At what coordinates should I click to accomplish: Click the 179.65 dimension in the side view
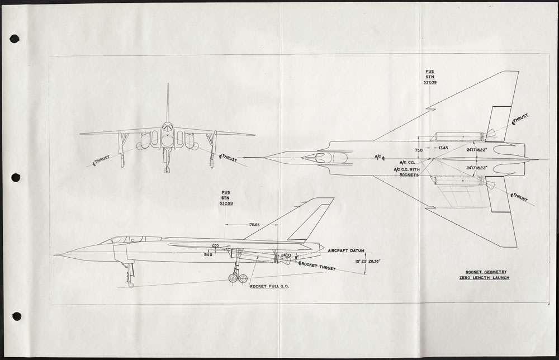(x=254, y=225)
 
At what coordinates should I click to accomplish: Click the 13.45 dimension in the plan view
(x=443, y=148)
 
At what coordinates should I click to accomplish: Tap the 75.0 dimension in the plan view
(x=419, y=150)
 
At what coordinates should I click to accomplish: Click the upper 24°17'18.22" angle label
(x=479, y=150)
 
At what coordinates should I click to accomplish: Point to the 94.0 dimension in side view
(x=209, y=254)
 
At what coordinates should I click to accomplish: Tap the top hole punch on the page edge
(x=15, y=39)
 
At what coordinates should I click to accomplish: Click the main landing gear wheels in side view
(x=238, y=278)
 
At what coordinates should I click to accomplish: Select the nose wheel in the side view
(x=131, y=285)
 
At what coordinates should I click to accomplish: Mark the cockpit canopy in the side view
(x=120, y=239)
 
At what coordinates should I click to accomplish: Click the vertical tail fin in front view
(x=168, y=103)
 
